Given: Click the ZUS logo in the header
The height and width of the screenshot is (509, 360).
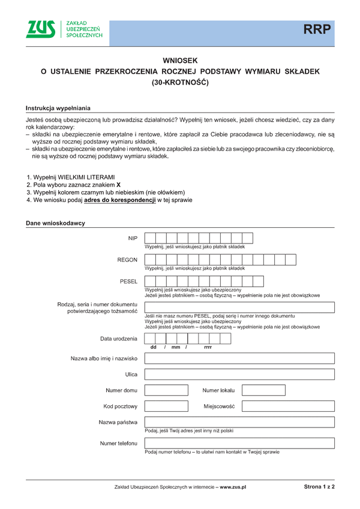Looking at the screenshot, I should (41, 29).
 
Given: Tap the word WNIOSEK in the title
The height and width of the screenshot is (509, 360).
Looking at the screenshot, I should (180, 61).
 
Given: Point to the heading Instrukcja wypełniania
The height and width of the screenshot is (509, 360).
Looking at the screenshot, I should (58, 108).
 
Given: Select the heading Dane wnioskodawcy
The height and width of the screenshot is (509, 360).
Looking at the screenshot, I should (55, 223).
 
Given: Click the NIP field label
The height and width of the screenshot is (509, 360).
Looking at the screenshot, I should (133, 238).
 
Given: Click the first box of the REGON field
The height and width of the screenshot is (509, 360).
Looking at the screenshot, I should (151, 260).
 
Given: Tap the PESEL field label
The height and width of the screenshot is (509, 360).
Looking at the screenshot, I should (129, 281).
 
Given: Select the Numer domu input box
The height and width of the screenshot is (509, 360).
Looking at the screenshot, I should (170, 390).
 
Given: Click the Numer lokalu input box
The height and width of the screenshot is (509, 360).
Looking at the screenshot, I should (288, 390).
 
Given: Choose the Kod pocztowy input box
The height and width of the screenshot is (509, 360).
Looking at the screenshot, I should (170, 406).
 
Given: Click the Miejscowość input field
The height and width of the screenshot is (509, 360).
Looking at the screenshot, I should (288, 406).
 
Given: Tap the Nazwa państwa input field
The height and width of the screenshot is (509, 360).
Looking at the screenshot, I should (239, 422).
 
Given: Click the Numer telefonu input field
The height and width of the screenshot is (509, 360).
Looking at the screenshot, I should (239, 443).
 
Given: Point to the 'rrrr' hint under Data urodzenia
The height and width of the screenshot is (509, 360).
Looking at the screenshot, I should (208, 348).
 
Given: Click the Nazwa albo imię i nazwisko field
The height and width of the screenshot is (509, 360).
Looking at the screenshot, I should (239, 359).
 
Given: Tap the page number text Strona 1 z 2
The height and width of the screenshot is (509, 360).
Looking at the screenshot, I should (319, 487).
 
